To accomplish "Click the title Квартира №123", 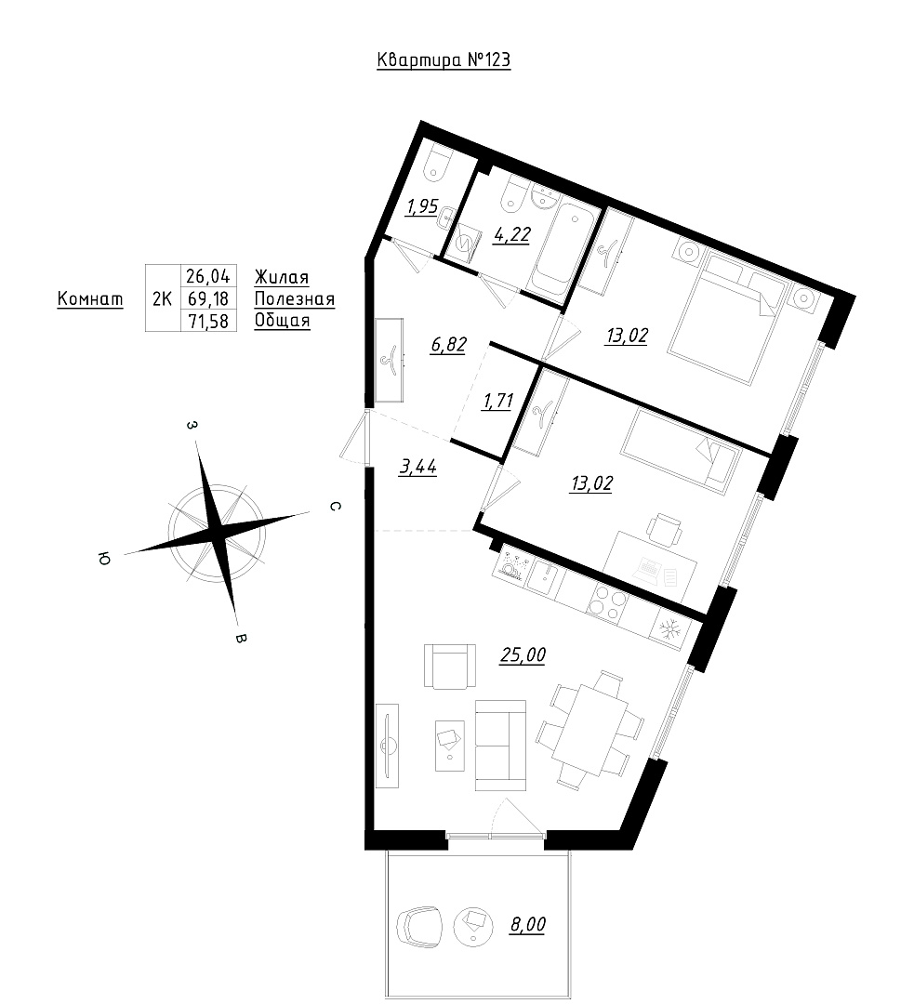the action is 444,60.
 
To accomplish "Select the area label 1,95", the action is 423,206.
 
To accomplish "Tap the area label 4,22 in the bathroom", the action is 511,234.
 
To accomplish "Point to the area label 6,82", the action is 448,345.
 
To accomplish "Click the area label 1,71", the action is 497,402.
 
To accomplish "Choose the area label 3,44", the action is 417,467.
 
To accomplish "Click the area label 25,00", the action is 523,655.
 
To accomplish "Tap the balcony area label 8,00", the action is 528,925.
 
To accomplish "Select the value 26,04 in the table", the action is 207,277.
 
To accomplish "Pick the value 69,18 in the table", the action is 207,298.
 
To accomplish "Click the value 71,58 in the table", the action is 207,320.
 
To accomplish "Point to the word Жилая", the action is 282,277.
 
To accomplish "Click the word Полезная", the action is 295,299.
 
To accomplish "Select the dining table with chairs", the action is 590,728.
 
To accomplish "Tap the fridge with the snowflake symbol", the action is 670,630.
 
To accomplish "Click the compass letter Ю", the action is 102,559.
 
